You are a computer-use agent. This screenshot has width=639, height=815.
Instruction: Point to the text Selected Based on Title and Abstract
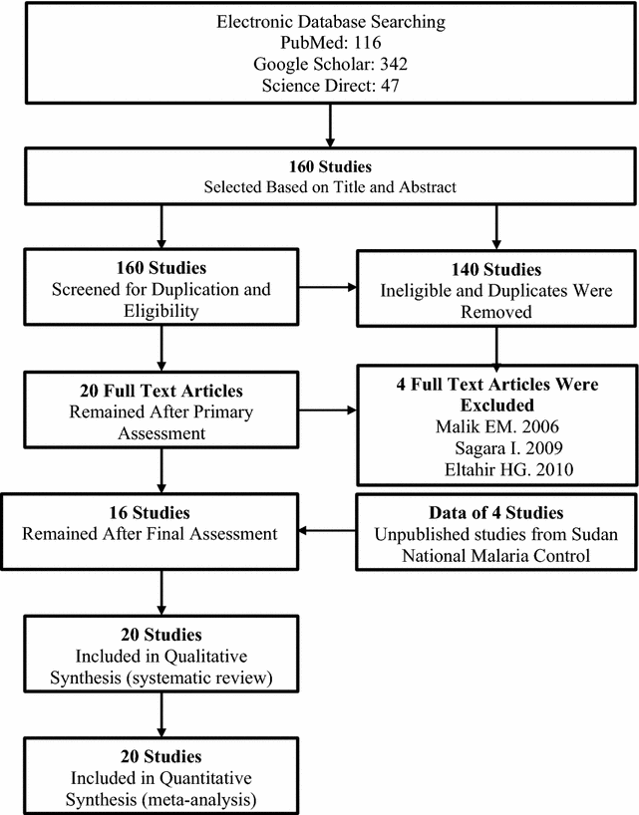click(x=329, y=186)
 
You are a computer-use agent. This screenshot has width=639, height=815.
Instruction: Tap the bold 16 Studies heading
click(x=162, y=513)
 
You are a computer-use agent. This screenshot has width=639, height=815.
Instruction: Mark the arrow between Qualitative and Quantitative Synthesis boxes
click(x=161, y=712)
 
